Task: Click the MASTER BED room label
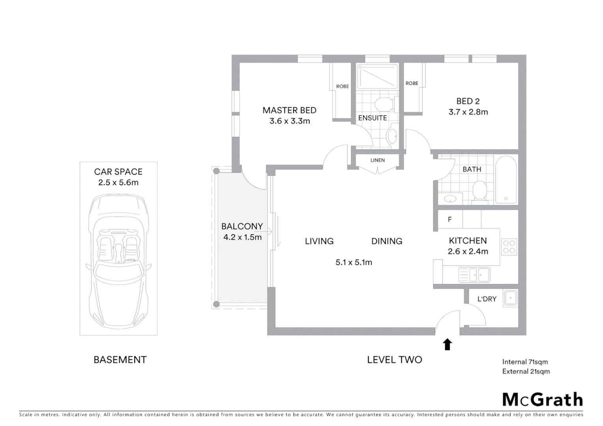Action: coord(289,110)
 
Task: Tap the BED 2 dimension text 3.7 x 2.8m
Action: coord(468,112)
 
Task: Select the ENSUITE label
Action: coord(372,118)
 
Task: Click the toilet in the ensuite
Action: coord(383,104)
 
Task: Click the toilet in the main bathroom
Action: coord(479,190)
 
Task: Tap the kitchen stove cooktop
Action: coord(509,247)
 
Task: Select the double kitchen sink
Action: coord(474,275)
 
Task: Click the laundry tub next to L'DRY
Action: coord(510,298)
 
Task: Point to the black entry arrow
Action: coord(447,344)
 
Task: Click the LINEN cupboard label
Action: coord(377,161)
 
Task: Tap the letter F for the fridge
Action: coord(449,220)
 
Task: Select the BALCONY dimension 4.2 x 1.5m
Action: coord(242,237)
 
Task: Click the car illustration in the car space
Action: coord(118,260)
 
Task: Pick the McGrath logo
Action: coord(542,400)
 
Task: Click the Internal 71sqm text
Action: coord(525,362)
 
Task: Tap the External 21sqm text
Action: coord(526,371)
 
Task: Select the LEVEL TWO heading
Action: coord(394,360)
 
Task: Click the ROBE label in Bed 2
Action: coord(412,84)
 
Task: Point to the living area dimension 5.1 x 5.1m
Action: coord(354,262)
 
